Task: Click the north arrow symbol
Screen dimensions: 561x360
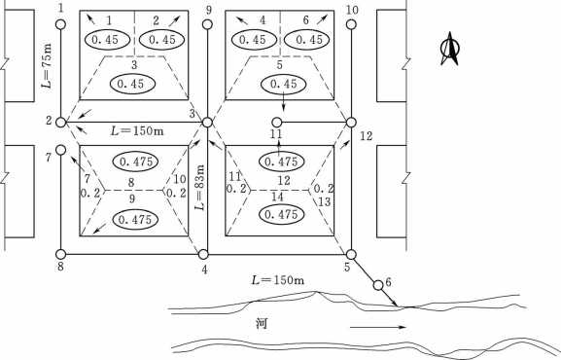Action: [x=450, y=49]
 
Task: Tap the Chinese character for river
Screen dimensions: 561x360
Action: [x=262, y=323]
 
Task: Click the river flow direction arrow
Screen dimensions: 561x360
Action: [x=378, y=327]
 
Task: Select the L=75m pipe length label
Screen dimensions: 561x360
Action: [x=47, y=66]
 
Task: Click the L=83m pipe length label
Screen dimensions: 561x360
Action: [x=199, y=188]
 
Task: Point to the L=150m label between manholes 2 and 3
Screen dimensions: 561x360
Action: [x=137, y=130]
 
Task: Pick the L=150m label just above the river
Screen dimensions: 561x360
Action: [x=278, y=279]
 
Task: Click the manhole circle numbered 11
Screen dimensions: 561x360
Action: [x=277, y=123]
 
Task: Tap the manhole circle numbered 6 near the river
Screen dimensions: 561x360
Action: [x=378, y=285]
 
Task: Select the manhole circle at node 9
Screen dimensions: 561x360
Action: [x=207, y=24]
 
